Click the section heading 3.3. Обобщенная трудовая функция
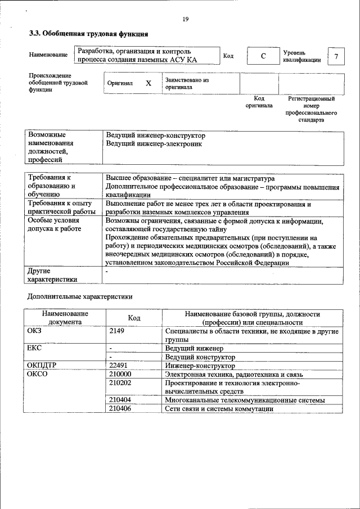tap(88, 34)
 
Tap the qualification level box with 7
tap(336, 56)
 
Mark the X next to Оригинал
tap(148, 83)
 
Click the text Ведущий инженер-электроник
tap(154, 143)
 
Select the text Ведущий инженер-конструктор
tap(155, 136)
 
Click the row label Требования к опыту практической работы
tap(61, 208)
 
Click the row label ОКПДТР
tap(42, 365)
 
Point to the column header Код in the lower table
tap(134, 318)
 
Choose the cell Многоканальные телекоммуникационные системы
tap(245, 400)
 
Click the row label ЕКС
tap(34, 348)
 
